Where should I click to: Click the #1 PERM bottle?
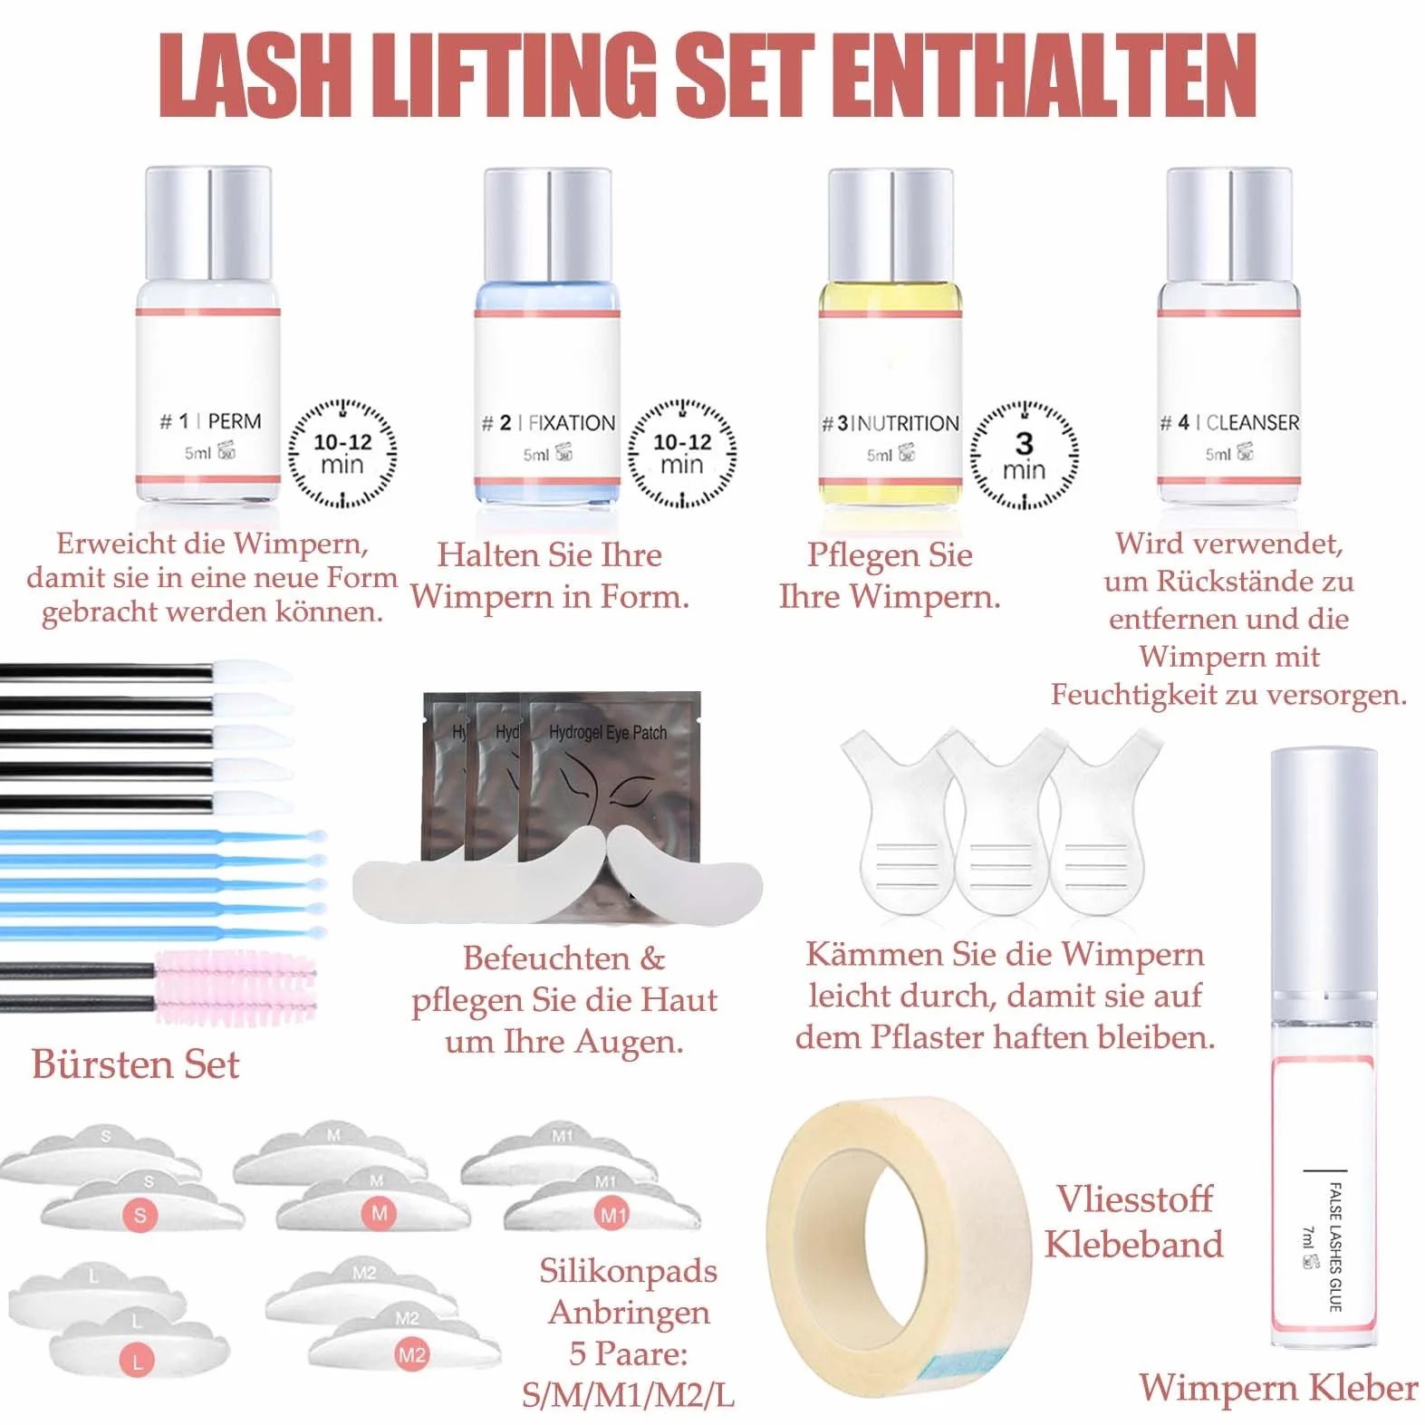click(x=208, y=335)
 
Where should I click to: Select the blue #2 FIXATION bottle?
click(x=546, y=335)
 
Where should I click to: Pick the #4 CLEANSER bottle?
click(x=1228, y=335)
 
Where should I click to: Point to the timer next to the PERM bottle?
click(x=342, y=453)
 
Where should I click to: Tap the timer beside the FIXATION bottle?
click(x=682, y=453)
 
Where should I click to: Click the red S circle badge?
click(x=140, y=1215)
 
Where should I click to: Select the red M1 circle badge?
click(x=612, y=1215)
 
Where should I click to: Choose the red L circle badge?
click(x=138, y=1361)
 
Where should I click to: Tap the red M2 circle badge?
click(x=411, y=1355)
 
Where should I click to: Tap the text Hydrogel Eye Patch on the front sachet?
click(x=608, y=733)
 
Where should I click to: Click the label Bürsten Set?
click(x=136, y=1064)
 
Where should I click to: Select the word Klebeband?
click(x=1133, y=1244)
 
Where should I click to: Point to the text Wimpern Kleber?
click(x=1278, y=1388)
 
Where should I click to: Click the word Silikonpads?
click(x=629, y=1272)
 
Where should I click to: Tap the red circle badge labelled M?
click(x=379, y=1213)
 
